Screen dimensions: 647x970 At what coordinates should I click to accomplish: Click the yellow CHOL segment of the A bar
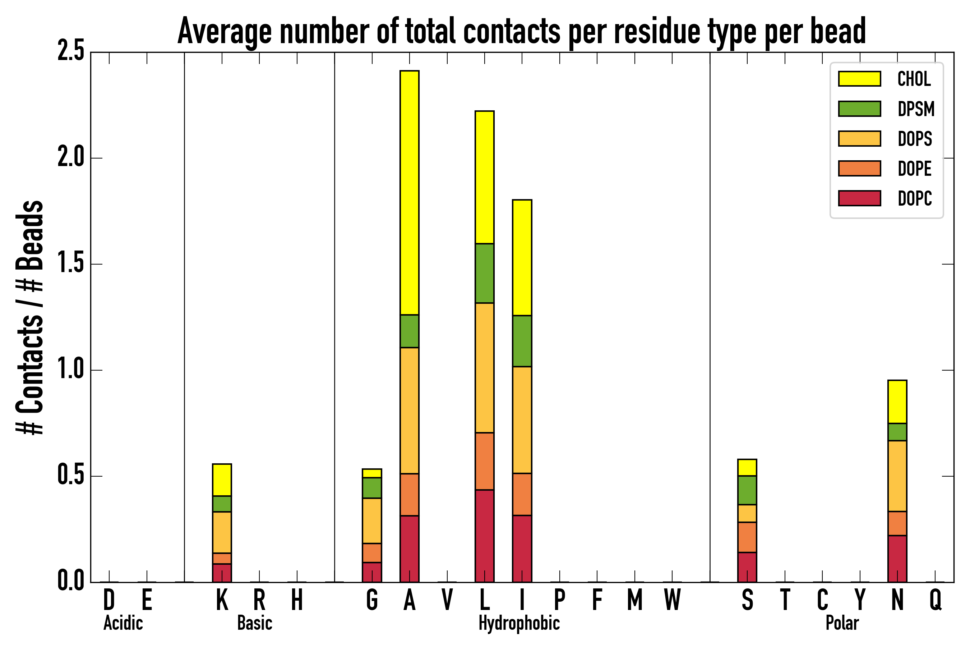pyautogui.click(x=409, y=192)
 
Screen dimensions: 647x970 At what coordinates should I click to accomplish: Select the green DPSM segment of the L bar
pyautogui.click(x=484, y=273)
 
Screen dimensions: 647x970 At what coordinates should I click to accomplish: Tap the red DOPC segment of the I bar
pyautogui.click(x=522, y=549)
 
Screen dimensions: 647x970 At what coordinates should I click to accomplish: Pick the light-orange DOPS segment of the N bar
pyautogui.click(x=897, y=476)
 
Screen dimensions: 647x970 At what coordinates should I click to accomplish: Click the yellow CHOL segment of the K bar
pyautogui.click(x=222, y=480)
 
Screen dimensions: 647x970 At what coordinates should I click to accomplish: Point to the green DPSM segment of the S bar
pyautogui.click(x=747, y=490)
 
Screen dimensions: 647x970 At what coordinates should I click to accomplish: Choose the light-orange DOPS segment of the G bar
pyautogui.click(x=371, y=521)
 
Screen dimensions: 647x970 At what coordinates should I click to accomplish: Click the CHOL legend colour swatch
pyautogui.click(x=859, y=79)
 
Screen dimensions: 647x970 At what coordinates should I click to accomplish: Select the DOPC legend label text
pyautogui.click(x=915, y=198)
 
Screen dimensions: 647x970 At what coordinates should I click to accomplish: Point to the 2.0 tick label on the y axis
pyautogui.click(x=71, y=158)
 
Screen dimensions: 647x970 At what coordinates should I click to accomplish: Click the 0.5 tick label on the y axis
pyautogui.click(x=71, y=476)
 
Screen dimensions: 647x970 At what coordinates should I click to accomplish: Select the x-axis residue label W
pyautogui.click(x=672, y=600)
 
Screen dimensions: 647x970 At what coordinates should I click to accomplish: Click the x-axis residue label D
pyautogui.click(x=109, y=600)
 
